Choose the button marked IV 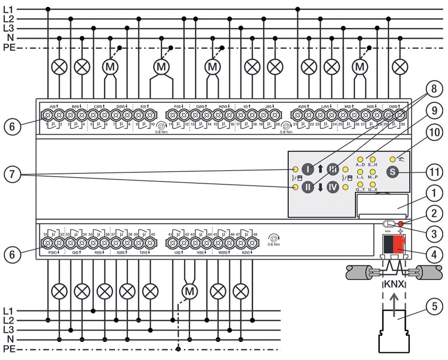coord(333,188)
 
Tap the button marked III coord(333,169)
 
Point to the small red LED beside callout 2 coord(401,224)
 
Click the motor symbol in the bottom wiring coord(190,291)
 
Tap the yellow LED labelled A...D coord(360,159)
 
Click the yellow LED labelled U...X coord(373,184)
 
